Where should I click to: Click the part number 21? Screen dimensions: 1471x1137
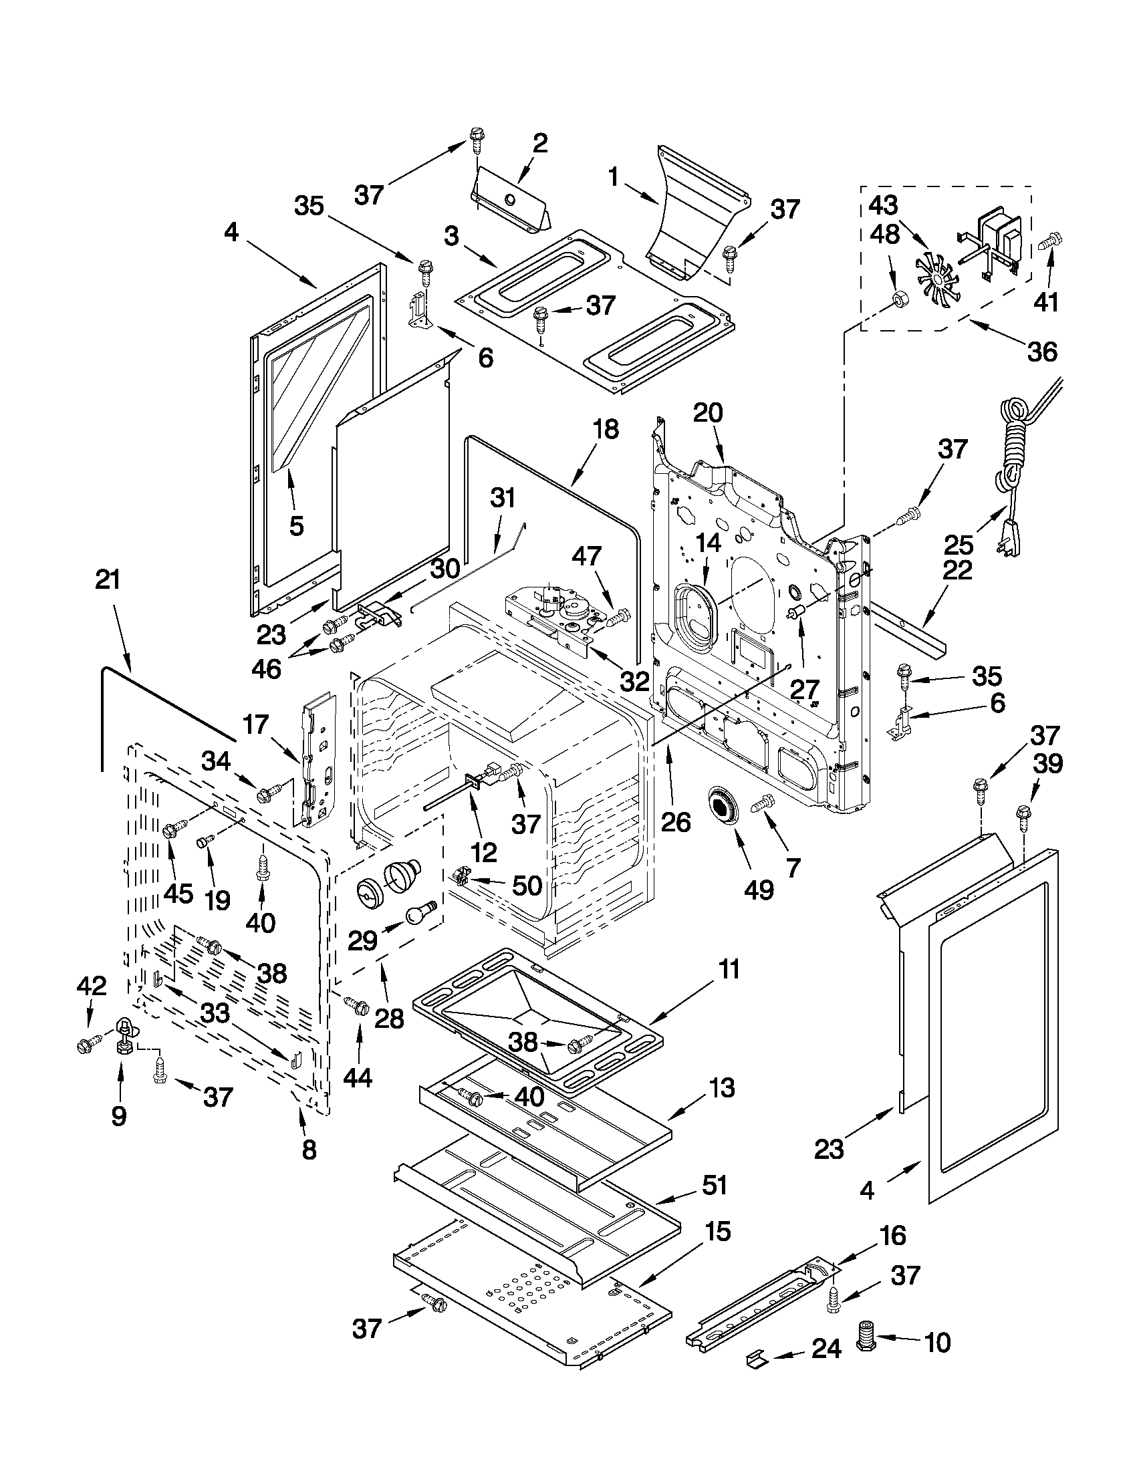[108, 580]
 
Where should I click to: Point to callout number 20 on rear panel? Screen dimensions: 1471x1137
[707, 413]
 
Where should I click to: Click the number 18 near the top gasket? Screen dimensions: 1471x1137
[606, 429]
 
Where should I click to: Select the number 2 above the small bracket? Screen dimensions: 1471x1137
[539, 143]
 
